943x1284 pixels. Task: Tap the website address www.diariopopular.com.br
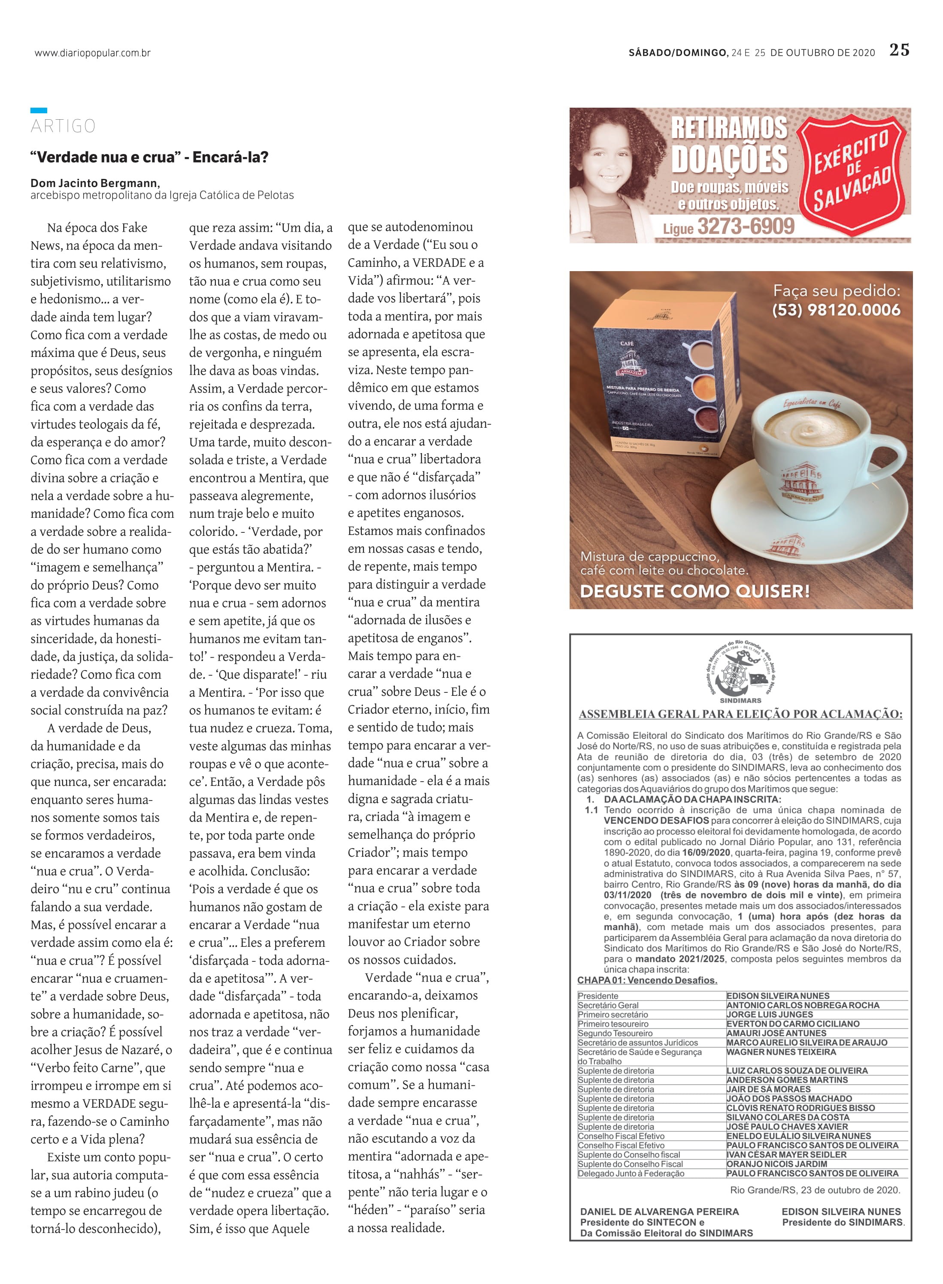pos(92,53)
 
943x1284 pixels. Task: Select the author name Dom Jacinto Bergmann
pos(95,183)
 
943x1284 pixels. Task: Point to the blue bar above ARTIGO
pos(39,110)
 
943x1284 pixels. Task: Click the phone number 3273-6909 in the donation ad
pos(746,227)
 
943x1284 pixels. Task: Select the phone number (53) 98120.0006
pos(836,310)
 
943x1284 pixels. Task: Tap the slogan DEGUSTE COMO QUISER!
pos(694,591)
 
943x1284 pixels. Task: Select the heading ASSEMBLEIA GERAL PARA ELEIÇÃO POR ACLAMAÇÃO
pos(740,714)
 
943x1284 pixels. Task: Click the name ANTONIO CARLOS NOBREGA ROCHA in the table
pos(803,1005)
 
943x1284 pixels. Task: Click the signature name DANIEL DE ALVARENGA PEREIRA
pos(659,1211)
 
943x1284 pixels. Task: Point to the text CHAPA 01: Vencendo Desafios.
pos(647,980)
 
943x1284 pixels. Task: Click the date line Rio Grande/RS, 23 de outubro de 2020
pos(815,1190)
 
